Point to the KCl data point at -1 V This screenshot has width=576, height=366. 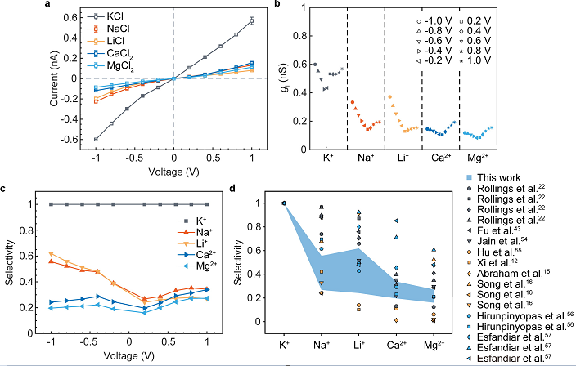pyautogui.click(x=96, y=139)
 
